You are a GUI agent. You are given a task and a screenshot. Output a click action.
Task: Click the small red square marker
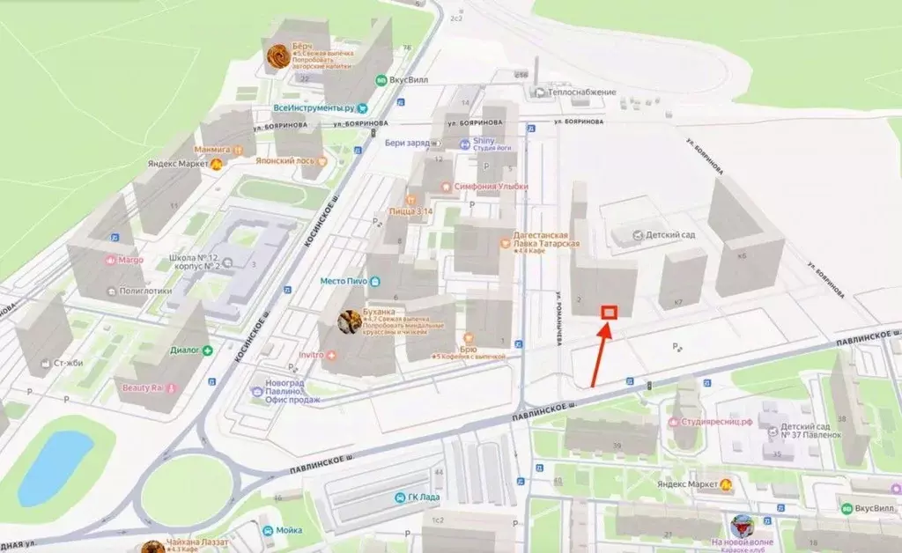(609, 312)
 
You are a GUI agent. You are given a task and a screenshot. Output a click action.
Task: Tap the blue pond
(55, 467)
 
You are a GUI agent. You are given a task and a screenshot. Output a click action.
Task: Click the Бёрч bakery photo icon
(278, 55)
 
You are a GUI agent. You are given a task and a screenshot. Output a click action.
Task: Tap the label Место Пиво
(344, 281)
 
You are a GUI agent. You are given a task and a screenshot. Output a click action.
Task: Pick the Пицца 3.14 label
(388, 212)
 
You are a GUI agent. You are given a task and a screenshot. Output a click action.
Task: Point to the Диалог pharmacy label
(184, 350)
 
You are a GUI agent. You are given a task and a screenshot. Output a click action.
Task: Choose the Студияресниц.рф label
(714, 422)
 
